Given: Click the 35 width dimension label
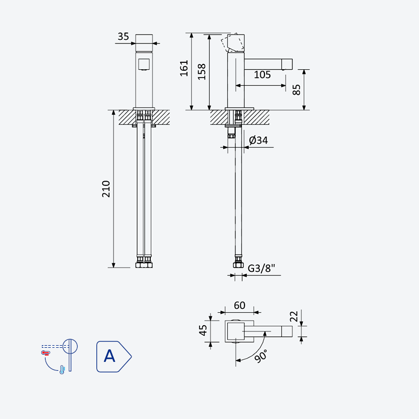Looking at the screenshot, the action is pos(123,36).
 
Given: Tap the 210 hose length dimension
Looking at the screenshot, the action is pos(106,189).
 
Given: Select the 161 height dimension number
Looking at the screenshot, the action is pos(184,69).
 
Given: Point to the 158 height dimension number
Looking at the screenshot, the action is pos(202,72).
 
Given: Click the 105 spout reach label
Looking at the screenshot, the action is pos(262,74).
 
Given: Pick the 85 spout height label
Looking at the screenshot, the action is pos(296,90).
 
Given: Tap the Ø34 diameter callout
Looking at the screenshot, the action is pos(258,140).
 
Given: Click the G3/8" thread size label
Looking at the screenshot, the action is pos(261,268).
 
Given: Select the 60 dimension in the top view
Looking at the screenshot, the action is pos(239,305).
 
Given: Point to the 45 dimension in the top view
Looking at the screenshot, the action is pos(203,330).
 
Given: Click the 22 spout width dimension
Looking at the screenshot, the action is pos(294,316).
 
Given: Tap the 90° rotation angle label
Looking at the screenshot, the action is pos(260,356).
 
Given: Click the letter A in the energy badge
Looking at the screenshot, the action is pos(109,356).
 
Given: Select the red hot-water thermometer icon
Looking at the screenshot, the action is pos(46,353).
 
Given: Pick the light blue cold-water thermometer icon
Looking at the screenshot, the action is pos(62,370).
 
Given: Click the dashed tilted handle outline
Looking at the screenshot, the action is pos(233,42).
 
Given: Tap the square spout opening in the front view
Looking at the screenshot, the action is pos(144,64).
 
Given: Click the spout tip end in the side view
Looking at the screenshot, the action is pos(287,64).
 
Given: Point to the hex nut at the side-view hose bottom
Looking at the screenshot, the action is pos(238,265).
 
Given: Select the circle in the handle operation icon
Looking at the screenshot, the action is pos(70,347).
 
